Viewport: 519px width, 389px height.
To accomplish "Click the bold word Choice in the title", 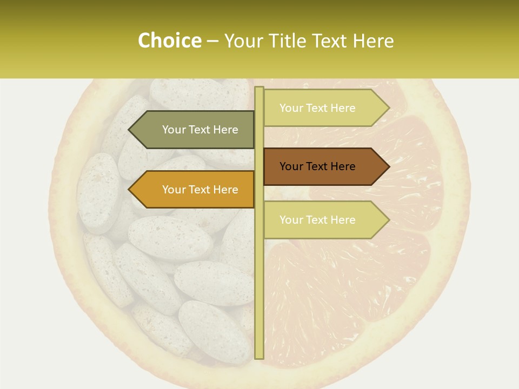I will (169, 41).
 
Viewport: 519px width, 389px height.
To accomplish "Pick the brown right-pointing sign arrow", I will (324, 166).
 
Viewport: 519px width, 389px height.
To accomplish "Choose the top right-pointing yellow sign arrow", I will (324, 108).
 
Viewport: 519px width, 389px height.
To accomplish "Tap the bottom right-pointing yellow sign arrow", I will (324, 220).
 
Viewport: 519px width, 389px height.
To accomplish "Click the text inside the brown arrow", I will (317, 166).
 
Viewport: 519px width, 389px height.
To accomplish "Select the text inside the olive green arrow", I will (200, 130).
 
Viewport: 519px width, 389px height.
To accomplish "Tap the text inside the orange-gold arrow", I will (200, 190).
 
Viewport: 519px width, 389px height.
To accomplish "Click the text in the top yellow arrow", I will (317, 108).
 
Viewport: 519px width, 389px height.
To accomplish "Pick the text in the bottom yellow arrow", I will (317, 220).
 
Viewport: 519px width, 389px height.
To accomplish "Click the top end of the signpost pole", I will (259, 89).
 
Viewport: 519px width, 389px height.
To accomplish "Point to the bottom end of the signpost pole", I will (259, 357).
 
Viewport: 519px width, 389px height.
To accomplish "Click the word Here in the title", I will (373, 41).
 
